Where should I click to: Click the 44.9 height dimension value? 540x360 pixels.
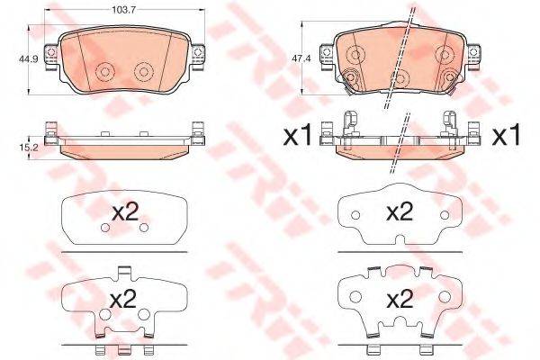tap(16, 60)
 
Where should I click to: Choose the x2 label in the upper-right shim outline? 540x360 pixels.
tap(399, 212)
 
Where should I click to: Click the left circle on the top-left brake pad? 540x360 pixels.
tap(105, 71)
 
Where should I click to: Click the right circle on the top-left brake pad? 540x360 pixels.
tap(142, 71)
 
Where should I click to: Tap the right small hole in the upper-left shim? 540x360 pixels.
tap(144, 228)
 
